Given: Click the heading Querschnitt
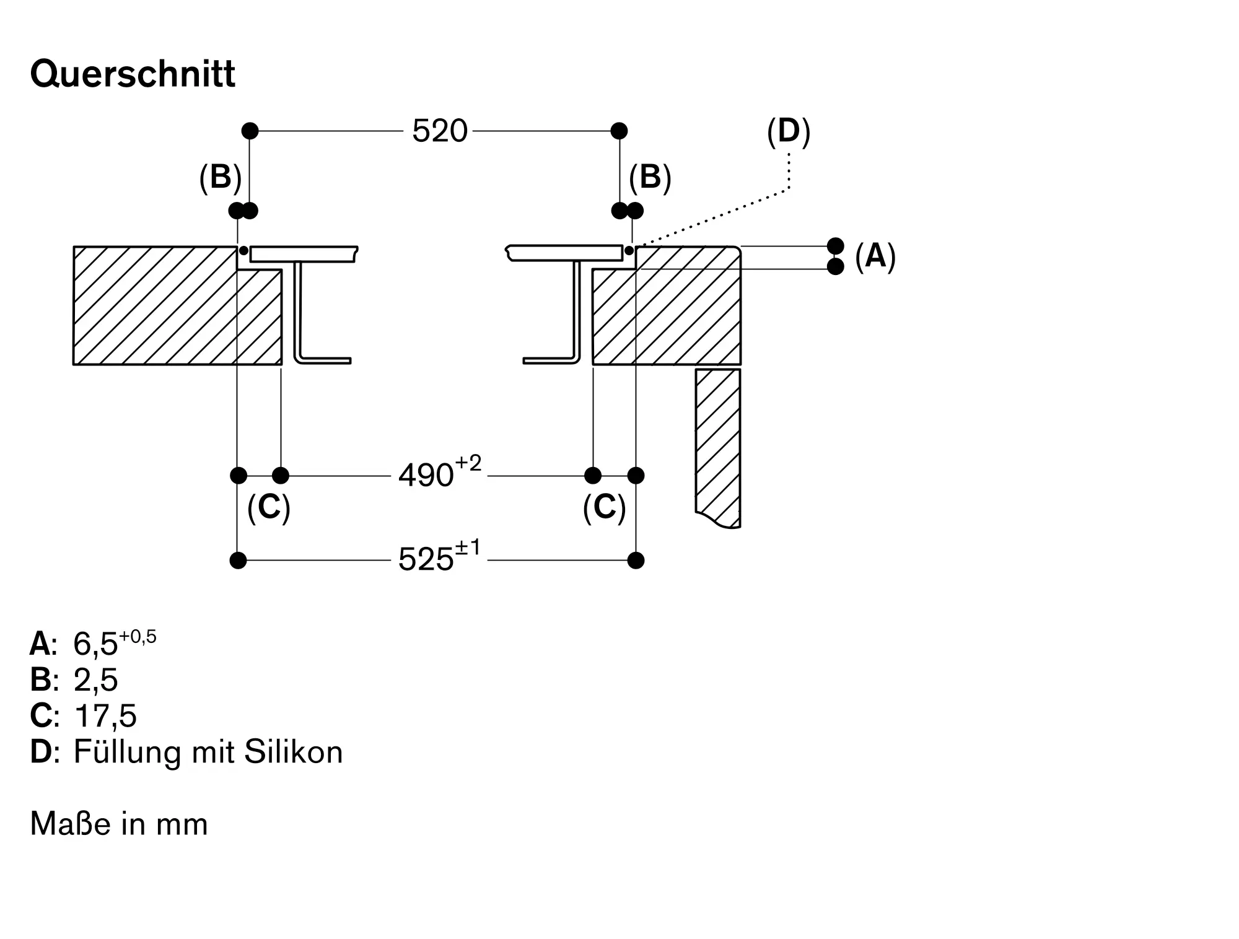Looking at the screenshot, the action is coord(133,75).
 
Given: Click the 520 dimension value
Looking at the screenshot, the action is coord(439,131).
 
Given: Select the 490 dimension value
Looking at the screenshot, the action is coord(426,476).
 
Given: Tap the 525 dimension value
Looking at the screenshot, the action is coord(426,560).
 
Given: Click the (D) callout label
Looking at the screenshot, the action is coord(788,132).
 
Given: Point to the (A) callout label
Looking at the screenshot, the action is coord(875,256).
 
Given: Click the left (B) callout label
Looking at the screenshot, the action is coord(220,178).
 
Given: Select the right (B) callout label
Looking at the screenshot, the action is coord(650,178).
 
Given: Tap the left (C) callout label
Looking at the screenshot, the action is coord(269,508).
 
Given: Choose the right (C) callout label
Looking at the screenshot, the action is coord(605,508).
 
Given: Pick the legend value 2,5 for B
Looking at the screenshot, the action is coord(95,679).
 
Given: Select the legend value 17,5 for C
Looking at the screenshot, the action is coord(105,715).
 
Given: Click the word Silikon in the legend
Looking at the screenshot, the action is coord(294,752).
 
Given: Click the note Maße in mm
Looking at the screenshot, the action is coord(119,824).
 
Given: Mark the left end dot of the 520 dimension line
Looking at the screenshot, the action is coord(250,131).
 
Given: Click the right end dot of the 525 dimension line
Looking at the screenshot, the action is coord(636,561).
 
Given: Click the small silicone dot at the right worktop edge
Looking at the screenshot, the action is coord(629,251).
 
